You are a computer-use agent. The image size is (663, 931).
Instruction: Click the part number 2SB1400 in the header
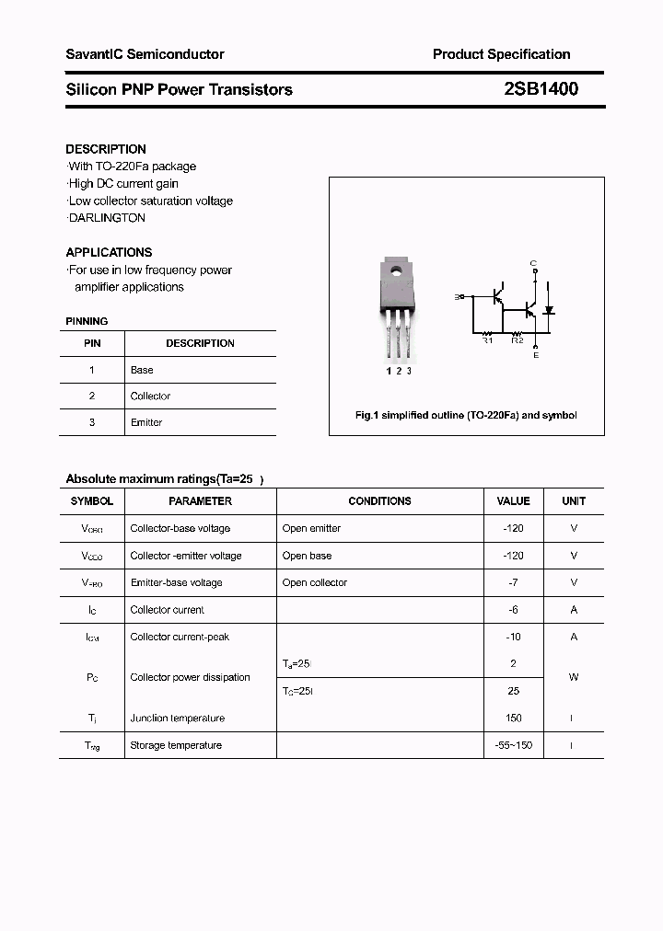[x=541, y=89]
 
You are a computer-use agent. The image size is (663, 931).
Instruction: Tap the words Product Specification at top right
[x=501, y=54]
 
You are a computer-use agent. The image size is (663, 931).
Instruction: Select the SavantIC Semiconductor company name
[x=145, y=54]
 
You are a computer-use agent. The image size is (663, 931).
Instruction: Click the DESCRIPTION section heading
[x=106, y=149]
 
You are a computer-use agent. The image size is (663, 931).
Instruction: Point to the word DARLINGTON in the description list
[x=108, y=218]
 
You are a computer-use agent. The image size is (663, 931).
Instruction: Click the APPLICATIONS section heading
[x=109, y=252]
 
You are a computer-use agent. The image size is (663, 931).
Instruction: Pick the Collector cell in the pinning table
[x=150, y=397]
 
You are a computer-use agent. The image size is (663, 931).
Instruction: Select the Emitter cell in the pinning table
[x=146, y=422]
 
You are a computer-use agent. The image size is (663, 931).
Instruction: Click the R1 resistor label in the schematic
[x=488, y=340]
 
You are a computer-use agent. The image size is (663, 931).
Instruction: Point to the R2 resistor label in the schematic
[x=518, y=340]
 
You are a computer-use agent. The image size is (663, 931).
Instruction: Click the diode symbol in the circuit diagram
[x=549, y=311]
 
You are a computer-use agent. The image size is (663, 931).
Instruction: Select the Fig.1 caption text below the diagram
[x=466, y=416]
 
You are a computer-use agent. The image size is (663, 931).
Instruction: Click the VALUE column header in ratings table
[x=513, y=501]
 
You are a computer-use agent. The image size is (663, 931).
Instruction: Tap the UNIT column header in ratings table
[x=574, y=501]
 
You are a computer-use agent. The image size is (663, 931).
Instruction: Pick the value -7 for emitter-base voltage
[x=513, y=582]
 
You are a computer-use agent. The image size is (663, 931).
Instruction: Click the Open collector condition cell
[x=315, y=582]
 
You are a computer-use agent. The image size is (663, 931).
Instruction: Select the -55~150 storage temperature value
[x=513, y=745]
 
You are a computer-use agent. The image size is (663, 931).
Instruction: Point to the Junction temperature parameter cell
[x=177, y=718]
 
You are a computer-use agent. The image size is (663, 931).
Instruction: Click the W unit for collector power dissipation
[x=574, y=677]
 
